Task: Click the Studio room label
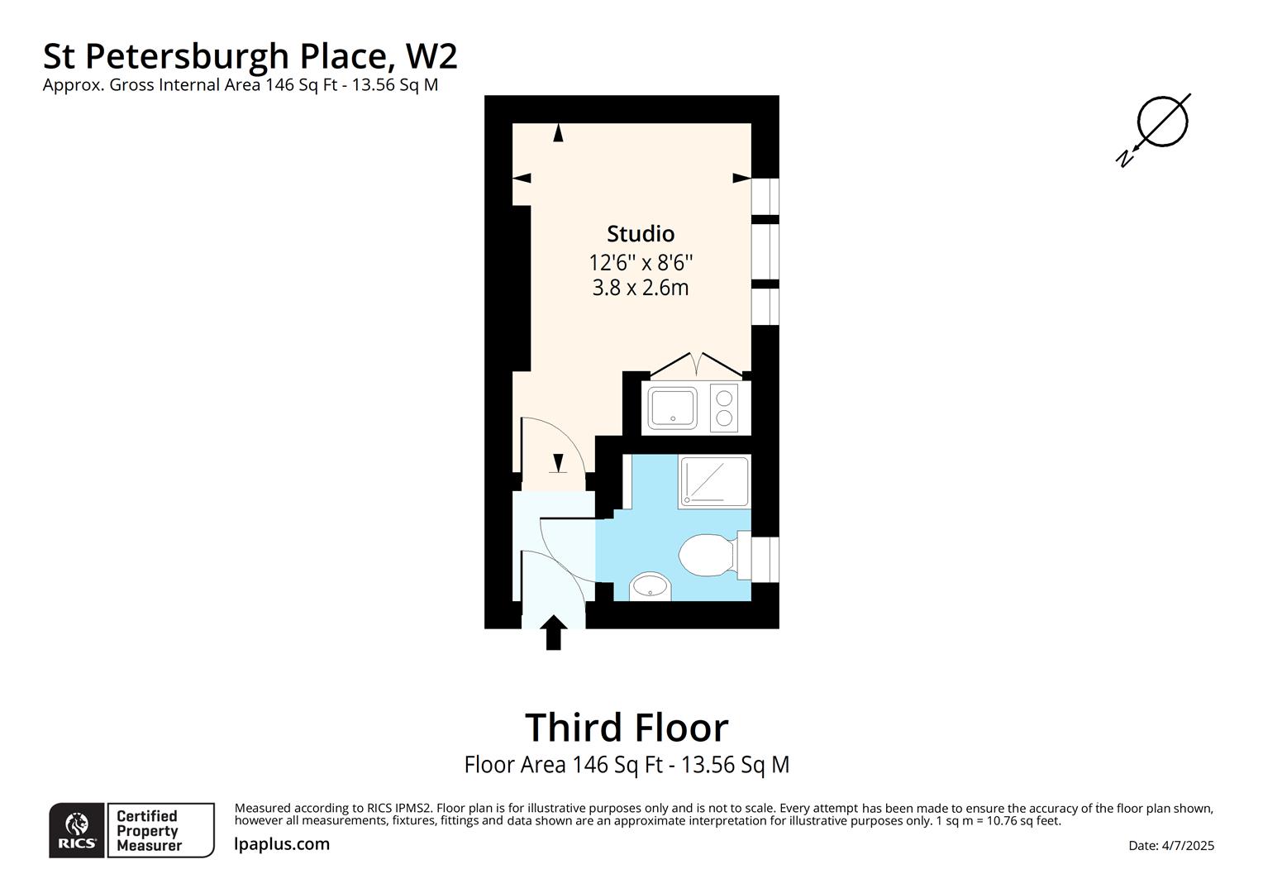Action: pos(641,234)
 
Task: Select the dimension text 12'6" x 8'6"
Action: pos(641,263)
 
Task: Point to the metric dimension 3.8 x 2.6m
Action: pos(641,289)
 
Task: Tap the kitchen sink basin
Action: pos(673,408)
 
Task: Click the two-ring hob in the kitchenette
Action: pos(724,408)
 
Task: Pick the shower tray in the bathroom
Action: pos(714,481)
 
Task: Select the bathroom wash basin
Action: pos(651,587)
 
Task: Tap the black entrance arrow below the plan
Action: pos(554,633)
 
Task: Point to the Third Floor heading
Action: pos(627,728)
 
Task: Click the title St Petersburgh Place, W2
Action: pos(250,56)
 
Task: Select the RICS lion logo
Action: pos(77,829)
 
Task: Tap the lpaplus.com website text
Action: pos(282,844)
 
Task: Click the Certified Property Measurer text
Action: pos(149,831)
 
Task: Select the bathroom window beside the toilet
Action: pos(765,558)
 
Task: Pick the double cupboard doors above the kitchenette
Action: pos(699,365)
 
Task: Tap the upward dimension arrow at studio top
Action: pos(558,132)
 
